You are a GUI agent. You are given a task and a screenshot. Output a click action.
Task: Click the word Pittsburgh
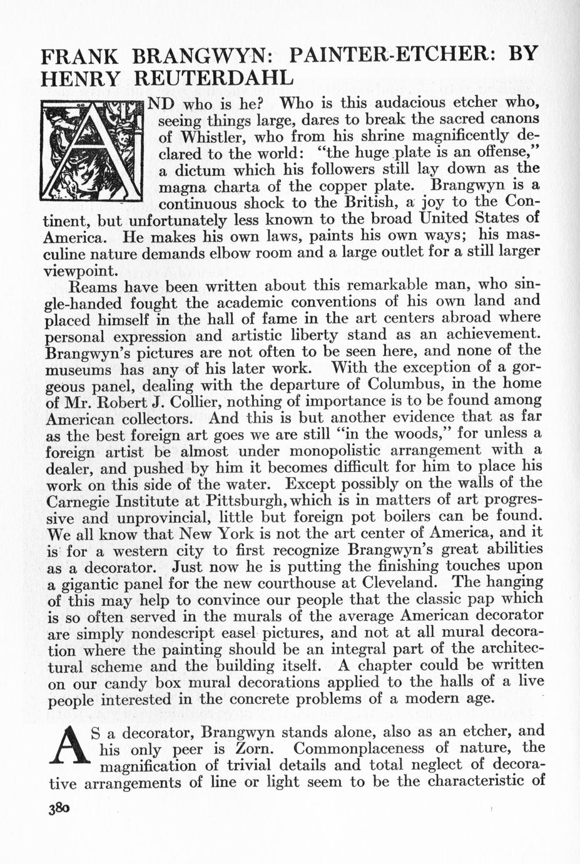pos(246,500)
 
